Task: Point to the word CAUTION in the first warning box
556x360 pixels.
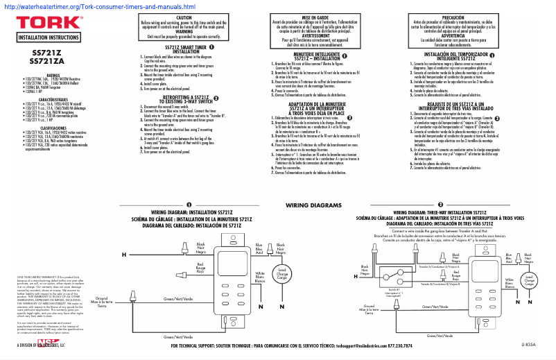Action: (x=184, y=17)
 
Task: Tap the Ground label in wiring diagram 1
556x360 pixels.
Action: (x=101, y=300)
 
